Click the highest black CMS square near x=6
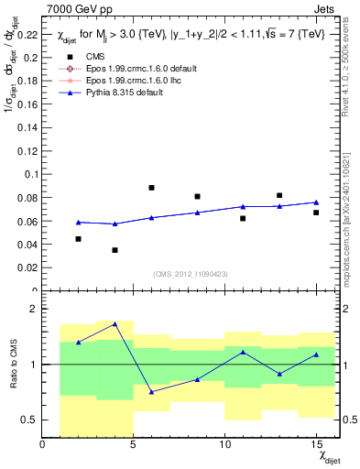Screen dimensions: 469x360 [x=152, y=188]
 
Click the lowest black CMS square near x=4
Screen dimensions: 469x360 [x=115, y=250]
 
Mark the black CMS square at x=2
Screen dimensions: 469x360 [x=79, y=239]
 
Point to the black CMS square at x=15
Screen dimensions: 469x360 [x=316, y=213]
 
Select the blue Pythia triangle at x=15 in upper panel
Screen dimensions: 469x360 [x=316, y=202]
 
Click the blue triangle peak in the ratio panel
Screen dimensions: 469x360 [x=115, y=323]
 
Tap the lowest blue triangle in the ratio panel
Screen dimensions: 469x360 [x=152, y=391]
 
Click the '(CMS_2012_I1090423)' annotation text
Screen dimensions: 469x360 [x=190, y=274]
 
